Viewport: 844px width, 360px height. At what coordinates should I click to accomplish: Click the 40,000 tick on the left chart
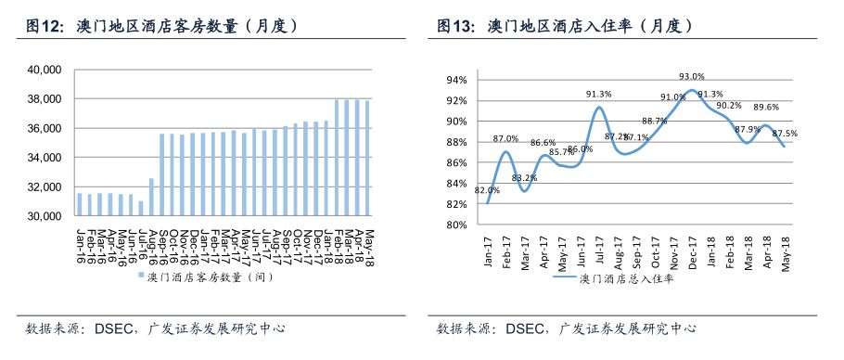(45, 70)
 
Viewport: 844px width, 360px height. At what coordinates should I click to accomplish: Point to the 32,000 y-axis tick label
(45, 187)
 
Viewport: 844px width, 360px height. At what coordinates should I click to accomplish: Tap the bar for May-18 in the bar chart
(367, 158)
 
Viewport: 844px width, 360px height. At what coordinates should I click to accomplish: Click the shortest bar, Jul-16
(141, 209)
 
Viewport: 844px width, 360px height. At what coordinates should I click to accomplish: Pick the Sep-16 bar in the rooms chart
(162, 175)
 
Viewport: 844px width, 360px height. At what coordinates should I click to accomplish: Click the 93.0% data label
(692, 77)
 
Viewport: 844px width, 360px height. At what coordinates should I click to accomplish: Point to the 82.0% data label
(487, 190)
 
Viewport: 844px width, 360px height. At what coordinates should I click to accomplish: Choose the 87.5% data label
(785, 134)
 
